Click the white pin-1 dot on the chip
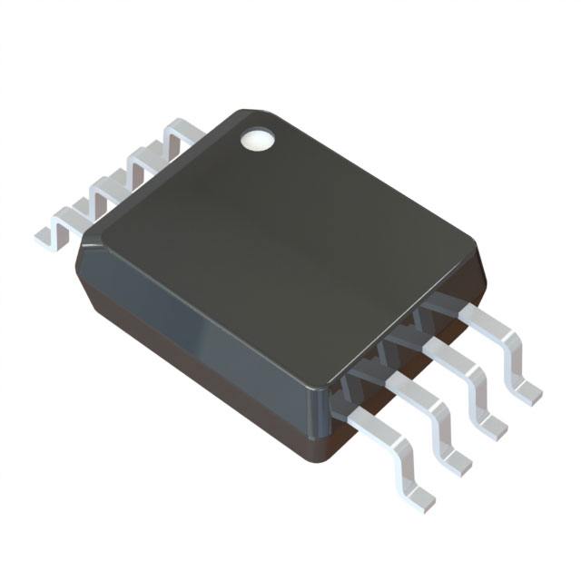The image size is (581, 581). coord(256,139)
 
